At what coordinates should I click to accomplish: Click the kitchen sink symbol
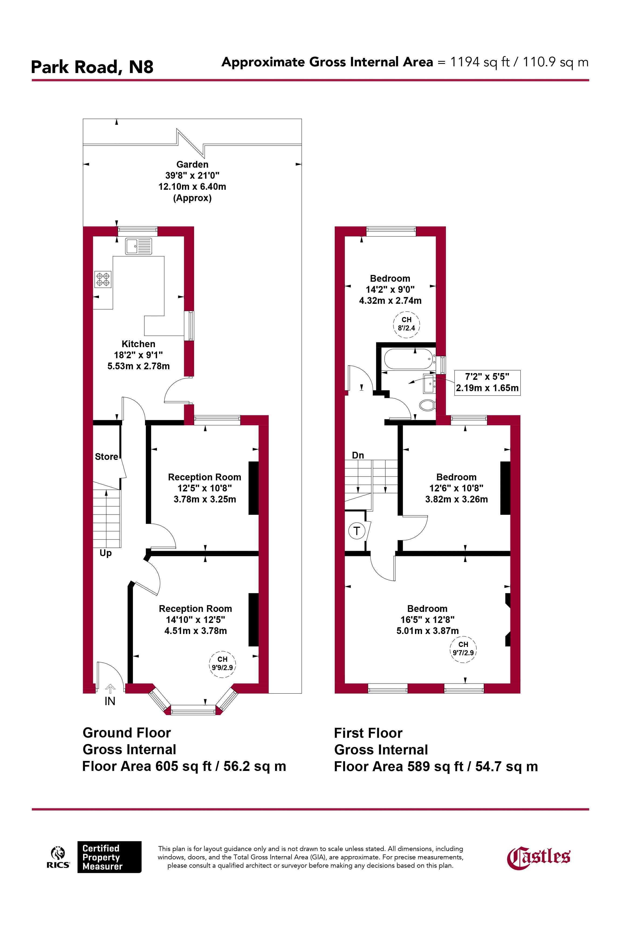pyautogui.click(x=138, y=246)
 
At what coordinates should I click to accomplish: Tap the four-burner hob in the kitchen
pyautogui.click(x=103, y=279)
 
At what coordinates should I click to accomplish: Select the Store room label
pyautogui.click(x=107, y=457)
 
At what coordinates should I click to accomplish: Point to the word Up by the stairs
pyautogui.click(x=105, y=553)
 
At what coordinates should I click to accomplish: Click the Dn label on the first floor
pyautogui.click(x=358, y=455)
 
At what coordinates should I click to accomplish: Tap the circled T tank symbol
pyautogui.click(x=357, y=531)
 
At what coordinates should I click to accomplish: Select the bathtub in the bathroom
pyautogui.click(x=409, y=359)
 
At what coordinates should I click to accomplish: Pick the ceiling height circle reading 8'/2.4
pyautogui.click(x=406, y=324)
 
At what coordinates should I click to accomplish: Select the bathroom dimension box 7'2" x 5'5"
pyautogui.click(x=487, y=382)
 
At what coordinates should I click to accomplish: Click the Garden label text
pyautogui.click(x=193, y=164)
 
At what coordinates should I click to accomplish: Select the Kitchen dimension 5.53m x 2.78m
pyautogui.click(x=139, y=366)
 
